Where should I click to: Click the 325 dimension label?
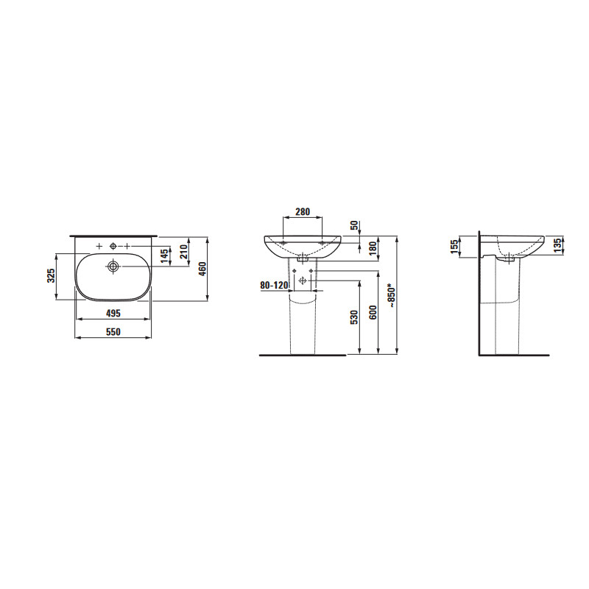(52, 275)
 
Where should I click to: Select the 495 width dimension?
(113, 313)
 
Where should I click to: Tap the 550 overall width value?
(113, 332)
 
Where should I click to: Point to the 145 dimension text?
(163, 256)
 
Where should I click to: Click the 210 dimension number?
(183, 252)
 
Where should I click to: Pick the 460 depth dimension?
(202, 269)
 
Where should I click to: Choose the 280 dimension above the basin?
(303, 212)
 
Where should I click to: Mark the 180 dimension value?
(373, 249)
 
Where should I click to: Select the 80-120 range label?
(274, 286)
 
